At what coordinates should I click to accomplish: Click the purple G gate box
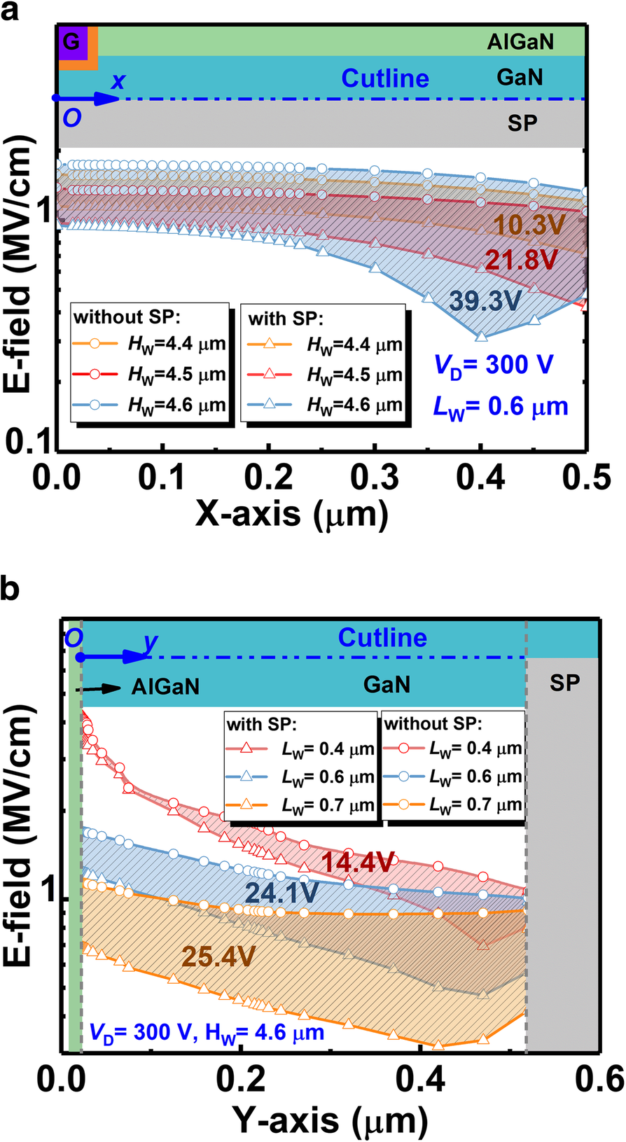coord(71,42)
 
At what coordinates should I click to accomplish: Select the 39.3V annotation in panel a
coord(485,300)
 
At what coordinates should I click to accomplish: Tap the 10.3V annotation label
coord(538,225)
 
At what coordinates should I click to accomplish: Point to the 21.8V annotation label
coord(522,260)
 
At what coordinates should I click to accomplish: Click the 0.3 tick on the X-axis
coord(375,478)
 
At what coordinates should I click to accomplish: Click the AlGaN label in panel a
coord(520,42)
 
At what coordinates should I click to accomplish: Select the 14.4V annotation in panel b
coord(358,863)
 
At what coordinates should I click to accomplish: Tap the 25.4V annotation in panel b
coord(218,956)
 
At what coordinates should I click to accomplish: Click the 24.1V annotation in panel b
coord(282,892)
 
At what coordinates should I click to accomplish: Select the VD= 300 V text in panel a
coord(494,365)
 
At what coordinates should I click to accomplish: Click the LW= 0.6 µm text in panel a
coord(501,406)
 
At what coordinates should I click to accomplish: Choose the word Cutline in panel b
coord(382,638)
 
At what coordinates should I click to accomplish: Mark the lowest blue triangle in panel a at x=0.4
coord(481,336)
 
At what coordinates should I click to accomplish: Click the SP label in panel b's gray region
coord(564,683)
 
